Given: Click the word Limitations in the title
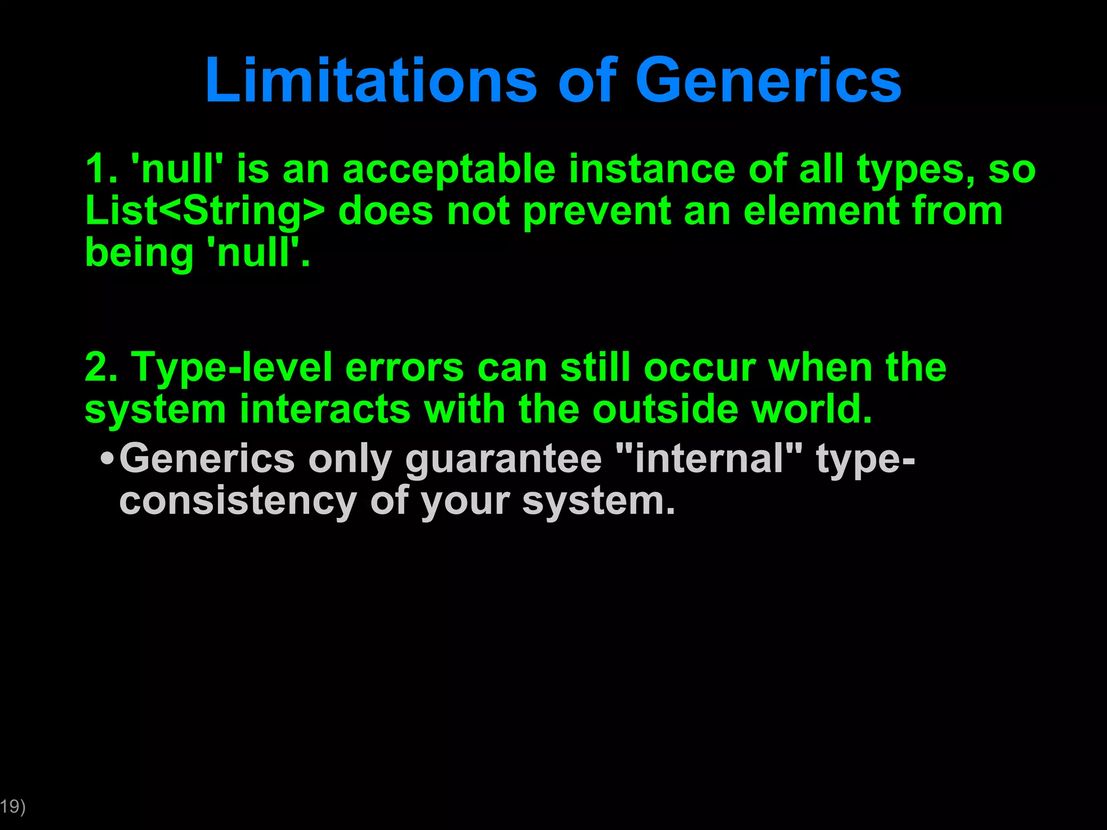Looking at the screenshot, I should click(x=371, y=81).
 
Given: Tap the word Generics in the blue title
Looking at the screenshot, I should click(x=768, y=81).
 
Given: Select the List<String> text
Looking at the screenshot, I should click(x=205, y=211).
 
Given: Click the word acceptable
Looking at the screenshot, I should click(x=449, y=170).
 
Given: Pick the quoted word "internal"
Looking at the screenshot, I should click(x=709, y=458).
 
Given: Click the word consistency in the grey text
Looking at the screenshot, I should click(x=238, y=501).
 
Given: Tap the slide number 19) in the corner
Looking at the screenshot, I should click(x=12, y=807).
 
